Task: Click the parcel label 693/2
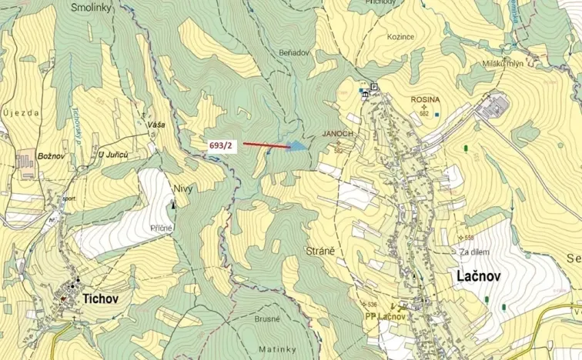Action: tap(220, 145)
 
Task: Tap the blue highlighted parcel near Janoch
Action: tap(296, 145)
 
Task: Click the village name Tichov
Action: tap(100, 298)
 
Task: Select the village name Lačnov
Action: tap(473, 276)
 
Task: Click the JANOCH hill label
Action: tap(338, 133)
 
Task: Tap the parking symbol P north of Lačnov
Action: tap(374, 87)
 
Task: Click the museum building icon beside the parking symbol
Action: tap(366, 95)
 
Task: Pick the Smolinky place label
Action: tap(91, 7)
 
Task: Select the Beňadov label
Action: tap(293, 52)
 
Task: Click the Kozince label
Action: tap(400, 36)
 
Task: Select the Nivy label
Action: tap(182, 188)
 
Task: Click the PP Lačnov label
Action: tap(385, 316)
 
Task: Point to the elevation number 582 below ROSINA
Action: tap(424, 113)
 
